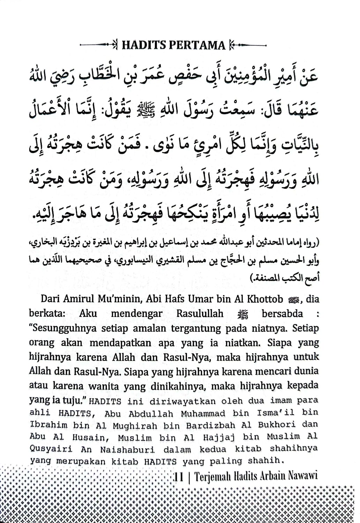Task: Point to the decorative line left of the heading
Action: click(99, 45)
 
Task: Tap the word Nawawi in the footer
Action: click(303, 476)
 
